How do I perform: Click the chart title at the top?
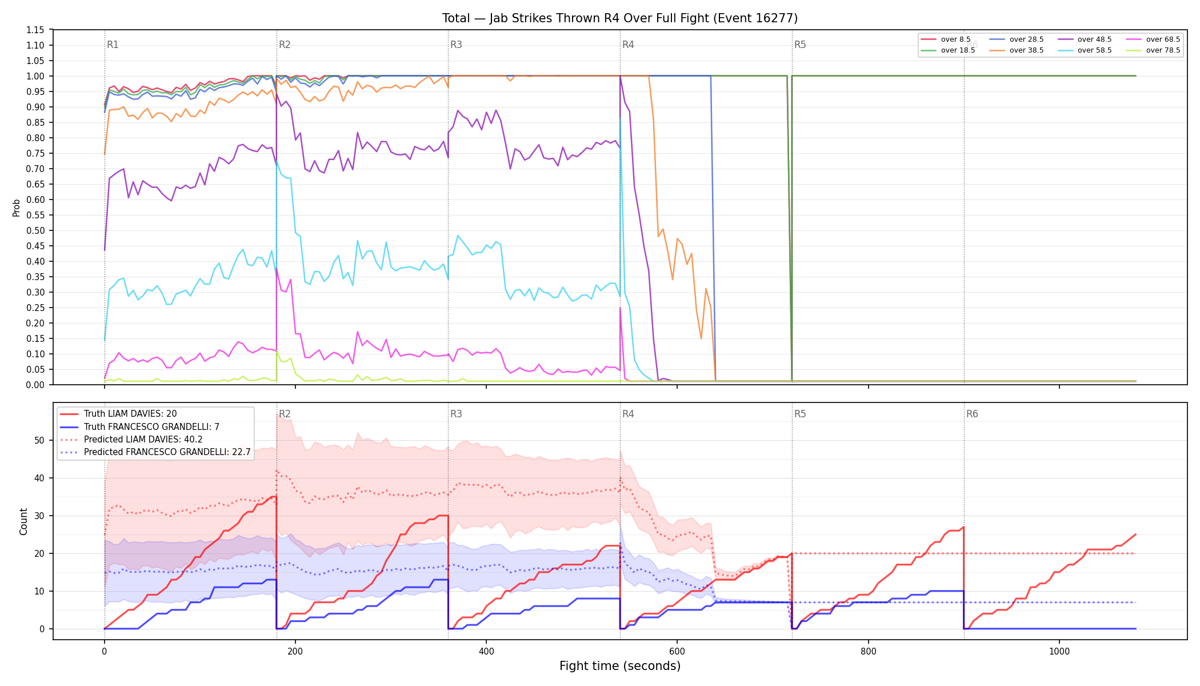coord(620,18)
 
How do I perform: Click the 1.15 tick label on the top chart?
coord(35,30)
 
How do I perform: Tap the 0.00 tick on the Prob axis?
coord(35,385)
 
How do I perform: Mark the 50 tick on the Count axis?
coord(39,440)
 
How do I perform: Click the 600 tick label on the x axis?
coord(677,652)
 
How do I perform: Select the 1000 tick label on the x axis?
coord(1059,652)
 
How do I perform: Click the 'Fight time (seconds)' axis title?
coord(620,666)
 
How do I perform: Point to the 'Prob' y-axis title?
coord(17,208)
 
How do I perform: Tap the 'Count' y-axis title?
coord(23,521)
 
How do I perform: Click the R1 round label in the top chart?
coord(113,45)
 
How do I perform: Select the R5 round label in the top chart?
coord(800,45)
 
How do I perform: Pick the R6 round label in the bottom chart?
coord(972,414)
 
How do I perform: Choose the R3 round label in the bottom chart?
coord(456,414)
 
